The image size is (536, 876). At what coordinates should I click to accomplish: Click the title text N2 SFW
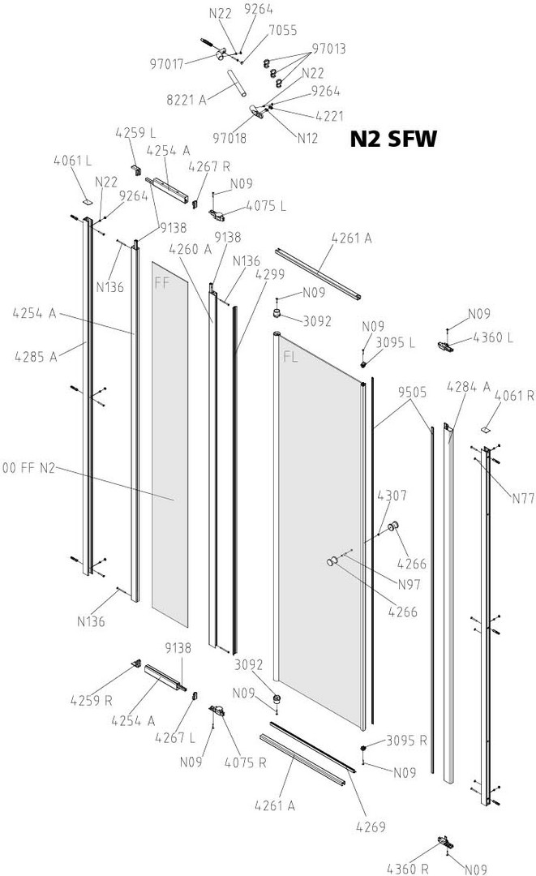(393, 140)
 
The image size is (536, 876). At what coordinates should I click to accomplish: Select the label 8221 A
(187, 100)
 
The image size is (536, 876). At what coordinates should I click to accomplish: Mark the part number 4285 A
(36, 355)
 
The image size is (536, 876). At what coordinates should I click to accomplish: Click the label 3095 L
(395, 342)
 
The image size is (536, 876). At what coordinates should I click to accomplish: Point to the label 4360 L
(491, 337)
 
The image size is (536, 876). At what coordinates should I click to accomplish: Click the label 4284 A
(468, 388)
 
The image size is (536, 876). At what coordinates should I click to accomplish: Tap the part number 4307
(391, 495)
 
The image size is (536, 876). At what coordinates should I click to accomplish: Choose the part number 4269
(368, 827)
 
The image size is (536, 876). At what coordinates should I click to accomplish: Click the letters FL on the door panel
(290, 356)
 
